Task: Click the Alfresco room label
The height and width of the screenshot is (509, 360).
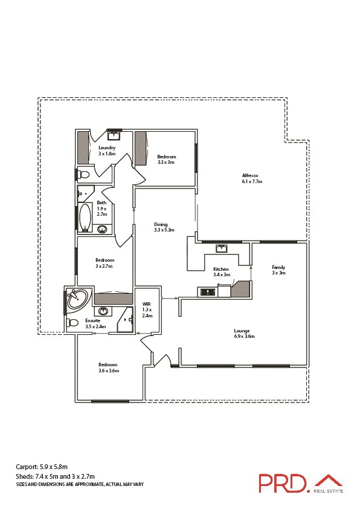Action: click(x=252, y=175)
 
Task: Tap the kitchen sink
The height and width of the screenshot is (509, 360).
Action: click(x=221, y=247)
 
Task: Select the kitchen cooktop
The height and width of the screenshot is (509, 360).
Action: click(x=207, y=293)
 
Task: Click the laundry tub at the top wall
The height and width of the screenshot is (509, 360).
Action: click(x=113, y=135)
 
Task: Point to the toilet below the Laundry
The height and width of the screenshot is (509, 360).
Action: click(x=84, y=175)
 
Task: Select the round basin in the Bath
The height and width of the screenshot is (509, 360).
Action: click(x=103, y=229)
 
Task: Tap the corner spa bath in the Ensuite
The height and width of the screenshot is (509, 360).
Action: click(x=76, y=299)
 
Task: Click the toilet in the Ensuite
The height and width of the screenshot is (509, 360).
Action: click(x=73, y=323)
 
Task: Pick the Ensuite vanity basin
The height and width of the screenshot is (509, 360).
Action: click(x=103, y=311)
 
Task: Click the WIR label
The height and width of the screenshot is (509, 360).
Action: click(x=146, y=305)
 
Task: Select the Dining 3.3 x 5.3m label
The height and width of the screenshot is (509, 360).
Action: click(x=164, y=227)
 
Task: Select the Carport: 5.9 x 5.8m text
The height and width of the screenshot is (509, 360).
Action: click(x=42, y=467)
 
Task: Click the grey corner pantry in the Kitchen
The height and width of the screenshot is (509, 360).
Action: click(x=243, y=288)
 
